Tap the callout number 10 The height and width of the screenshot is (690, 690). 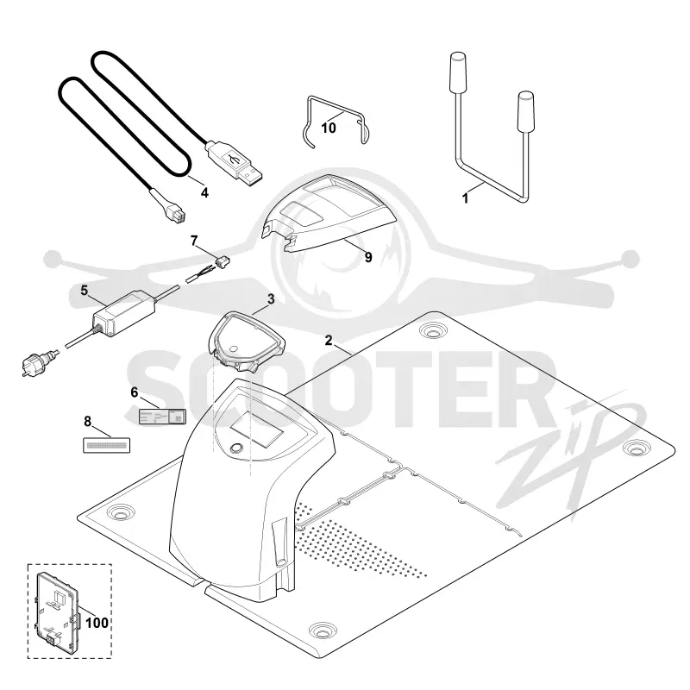[329, 128]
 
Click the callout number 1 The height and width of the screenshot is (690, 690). [465, 198]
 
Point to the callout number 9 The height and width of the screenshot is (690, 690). [368, 257]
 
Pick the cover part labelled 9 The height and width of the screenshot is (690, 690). [329, 213]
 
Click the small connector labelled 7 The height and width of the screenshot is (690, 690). [223, 262]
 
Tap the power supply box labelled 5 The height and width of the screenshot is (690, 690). [123, 312]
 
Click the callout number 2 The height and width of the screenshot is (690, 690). [329, 340]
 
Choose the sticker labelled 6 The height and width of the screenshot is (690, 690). [162, 417]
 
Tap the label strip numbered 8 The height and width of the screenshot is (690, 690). [106, 445]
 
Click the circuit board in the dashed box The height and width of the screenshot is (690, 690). [57, 610]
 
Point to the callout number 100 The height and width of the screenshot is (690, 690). [97, 623]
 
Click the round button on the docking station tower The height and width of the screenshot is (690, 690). [236, 448]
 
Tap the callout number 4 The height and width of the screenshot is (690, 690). [204, 192]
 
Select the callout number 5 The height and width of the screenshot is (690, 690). [84, 291]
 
